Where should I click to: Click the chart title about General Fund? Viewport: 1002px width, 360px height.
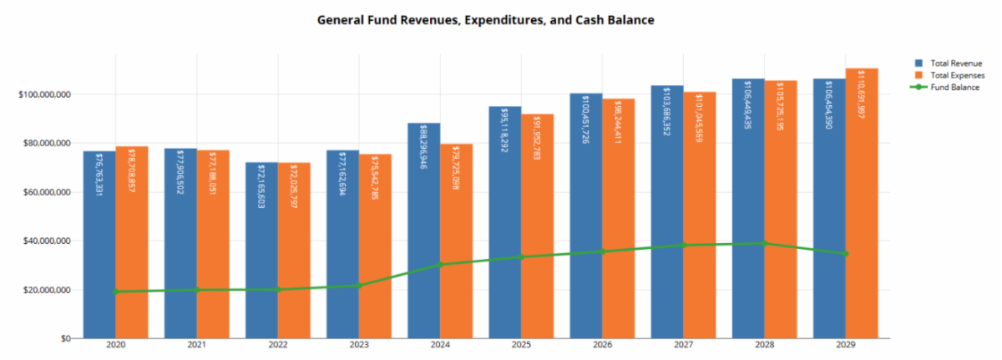click(485, 18)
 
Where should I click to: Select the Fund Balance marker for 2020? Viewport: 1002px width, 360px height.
click(115, 292)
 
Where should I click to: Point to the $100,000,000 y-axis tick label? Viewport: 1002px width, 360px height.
click(43, 94)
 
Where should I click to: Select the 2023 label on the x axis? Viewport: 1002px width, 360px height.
click(359, 345)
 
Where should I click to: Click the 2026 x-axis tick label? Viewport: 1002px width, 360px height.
click(603, 345)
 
